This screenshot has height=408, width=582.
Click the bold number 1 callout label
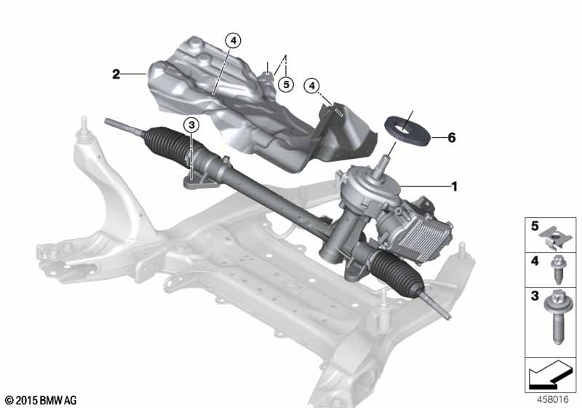tap(454, 187)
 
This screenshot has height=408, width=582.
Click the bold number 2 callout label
tap(116, 74)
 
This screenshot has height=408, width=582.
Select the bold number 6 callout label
tap(452, 137)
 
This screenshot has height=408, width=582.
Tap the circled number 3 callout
tap(191, 126)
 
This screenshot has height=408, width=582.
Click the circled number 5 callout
tap(285, 85)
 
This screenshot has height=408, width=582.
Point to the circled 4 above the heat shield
tap(232, 41)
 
